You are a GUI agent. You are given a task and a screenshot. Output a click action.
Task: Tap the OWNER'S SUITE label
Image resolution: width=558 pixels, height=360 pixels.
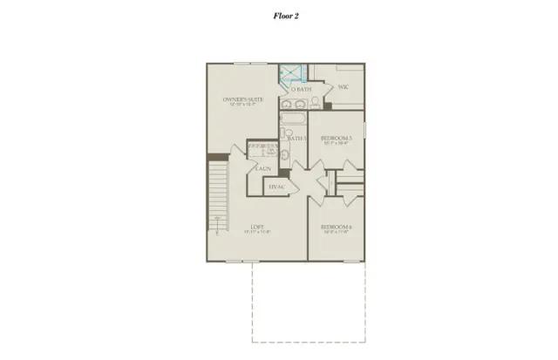click(x=243, y=99)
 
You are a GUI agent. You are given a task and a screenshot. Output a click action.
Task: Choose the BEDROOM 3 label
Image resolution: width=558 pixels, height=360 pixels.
click(x=336, y=138)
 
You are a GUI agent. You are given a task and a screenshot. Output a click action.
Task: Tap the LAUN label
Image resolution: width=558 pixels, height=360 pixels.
click(x=262, y=167)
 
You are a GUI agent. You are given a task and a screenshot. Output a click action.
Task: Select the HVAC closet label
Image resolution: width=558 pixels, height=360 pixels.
click(x=277, y=187)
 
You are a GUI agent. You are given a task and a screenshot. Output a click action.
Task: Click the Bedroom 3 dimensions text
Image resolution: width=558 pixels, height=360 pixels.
click(x=336, y=144)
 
